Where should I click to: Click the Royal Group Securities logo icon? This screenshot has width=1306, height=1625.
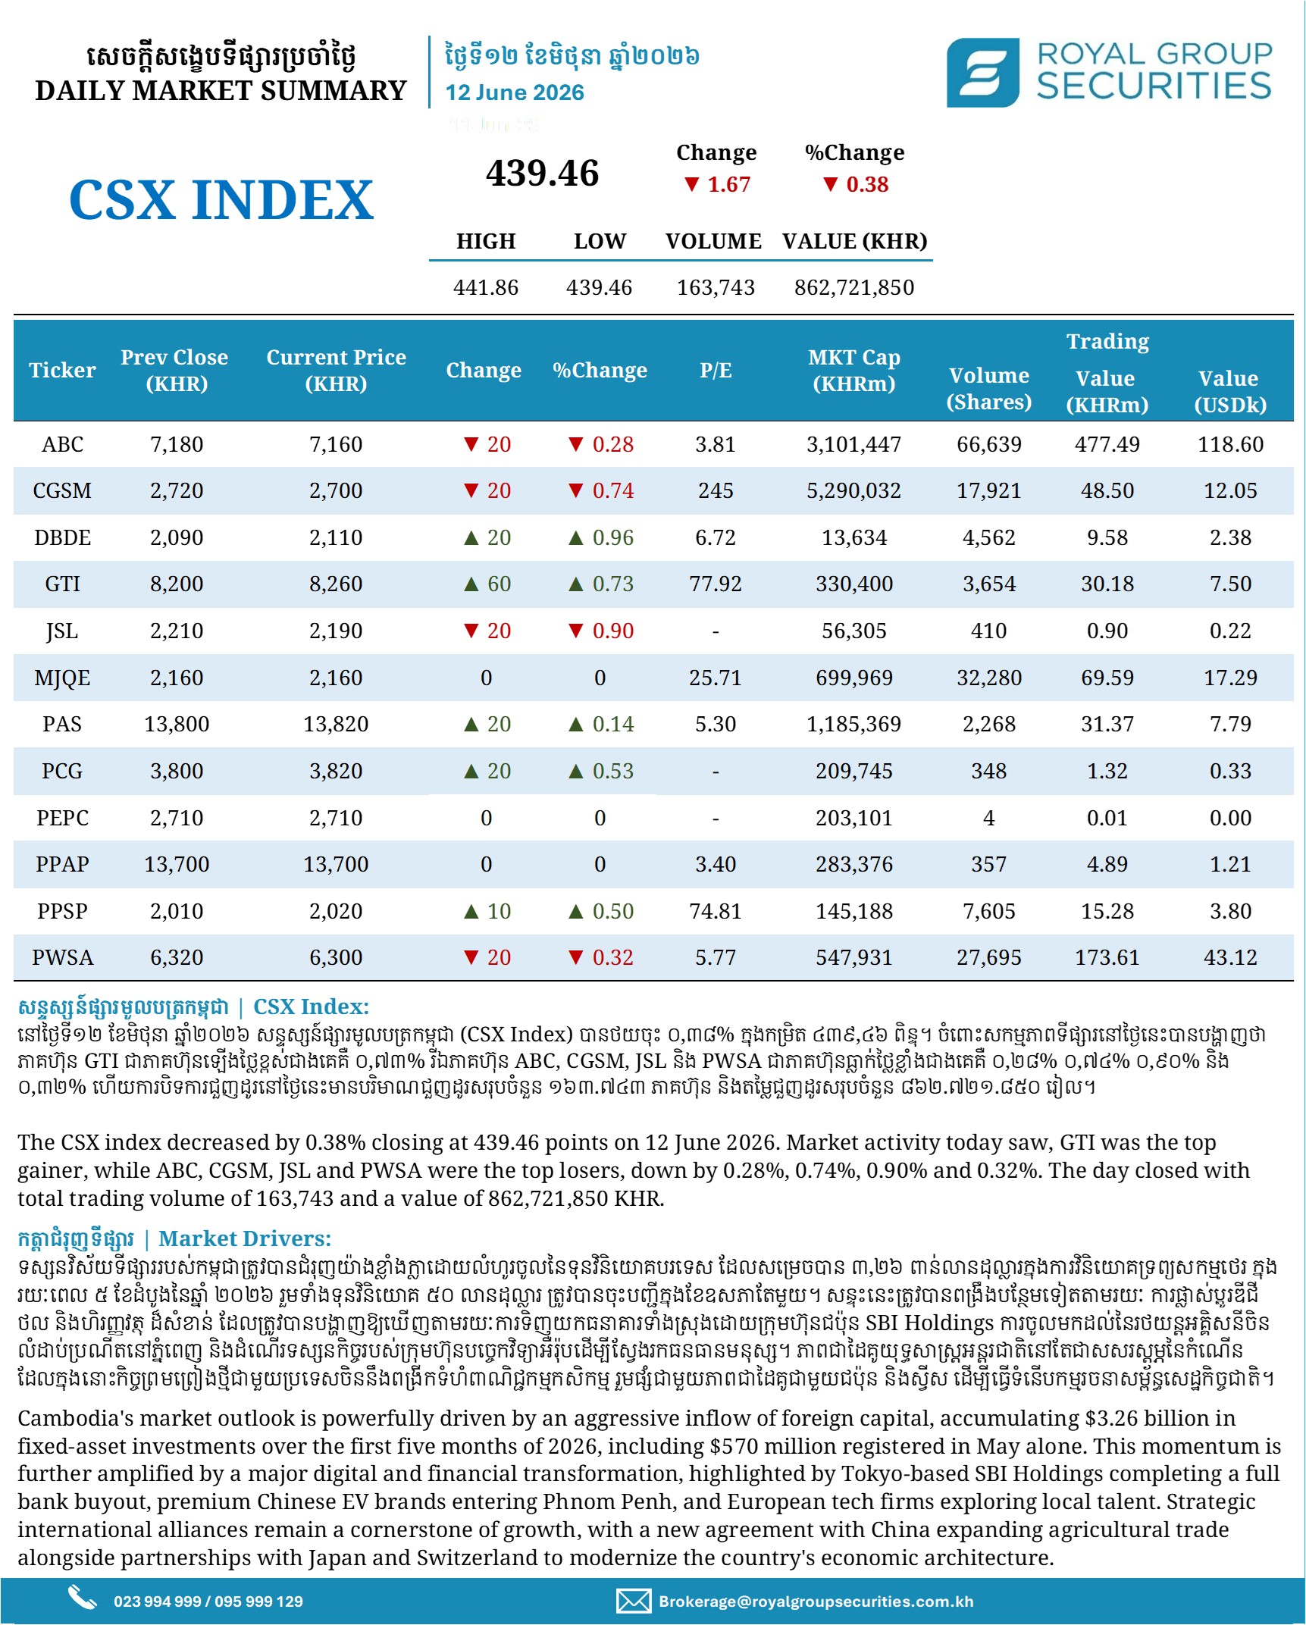click(982, 73)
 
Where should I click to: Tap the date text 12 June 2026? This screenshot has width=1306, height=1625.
click(514, 92)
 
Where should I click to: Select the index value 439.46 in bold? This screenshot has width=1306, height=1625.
click(542, 173)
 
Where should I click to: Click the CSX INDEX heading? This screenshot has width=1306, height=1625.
click(221, 200)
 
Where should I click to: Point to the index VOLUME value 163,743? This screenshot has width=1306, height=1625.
click(716, 287)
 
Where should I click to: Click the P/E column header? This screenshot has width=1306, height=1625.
click(716, 370)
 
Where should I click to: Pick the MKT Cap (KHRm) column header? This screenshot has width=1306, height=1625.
click(853, 370)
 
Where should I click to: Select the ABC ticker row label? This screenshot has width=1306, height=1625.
click(62, 444)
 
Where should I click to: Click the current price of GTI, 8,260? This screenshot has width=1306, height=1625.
click(336, 584)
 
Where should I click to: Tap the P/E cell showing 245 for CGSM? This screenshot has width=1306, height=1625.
click(716, 490)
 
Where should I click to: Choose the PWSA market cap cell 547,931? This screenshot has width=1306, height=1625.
click(853, 957)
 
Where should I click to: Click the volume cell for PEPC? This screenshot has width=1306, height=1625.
click(988, 818)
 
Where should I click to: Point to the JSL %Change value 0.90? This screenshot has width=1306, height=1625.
click(612, 631)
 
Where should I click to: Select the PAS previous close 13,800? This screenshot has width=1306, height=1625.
click(177, 724)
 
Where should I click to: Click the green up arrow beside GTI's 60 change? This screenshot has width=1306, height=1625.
click(471, 584)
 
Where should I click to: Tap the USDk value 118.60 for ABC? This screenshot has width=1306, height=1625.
click(1230, 444)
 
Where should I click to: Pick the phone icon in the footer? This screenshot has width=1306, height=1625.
click(82, 1598)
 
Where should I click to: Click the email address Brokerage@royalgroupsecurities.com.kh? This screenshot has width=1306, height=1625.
click(816, 1602)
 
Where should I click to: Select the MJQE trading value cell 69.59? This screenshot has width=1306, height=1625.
click(1107, 678)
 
